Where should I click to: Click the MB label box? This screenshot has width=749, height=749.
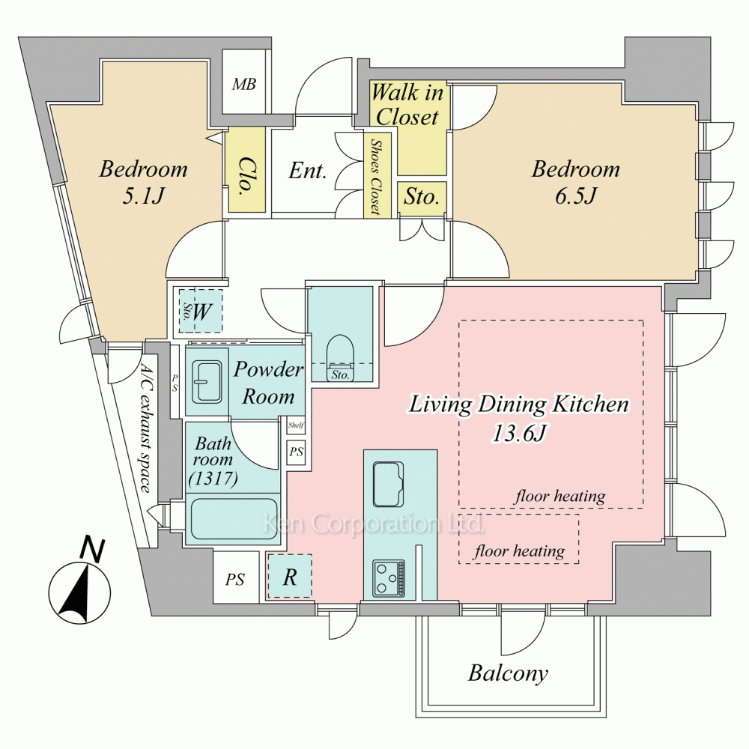click(243, 84)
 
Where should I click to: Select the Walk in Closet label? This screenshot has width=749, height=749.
click(408, 105)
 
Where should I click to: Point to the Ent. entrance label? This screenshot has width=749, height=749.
click(308, 171)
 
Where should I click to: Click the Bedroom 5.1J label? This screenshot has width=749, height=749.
click(144, 181)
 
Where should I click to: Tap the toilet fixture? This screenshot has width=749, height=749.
click(341, 352)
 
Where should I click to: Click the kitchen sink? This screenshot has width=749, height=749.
click(388, 484)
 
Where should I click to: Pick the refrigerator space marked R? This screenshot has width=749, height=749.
click(290, 576)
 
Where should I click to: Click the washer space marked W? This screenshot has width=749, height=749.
click(200, 312)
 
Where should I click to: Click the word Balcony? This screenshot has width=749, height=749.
click(508, 673)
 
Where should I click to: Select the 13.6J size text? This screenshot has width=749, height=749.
click(518, 432)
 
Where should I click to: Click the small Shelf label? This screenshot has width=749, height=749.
click(296, 426)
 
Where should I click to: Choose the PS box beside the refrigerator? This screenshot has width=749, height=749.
click(235, 579)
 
